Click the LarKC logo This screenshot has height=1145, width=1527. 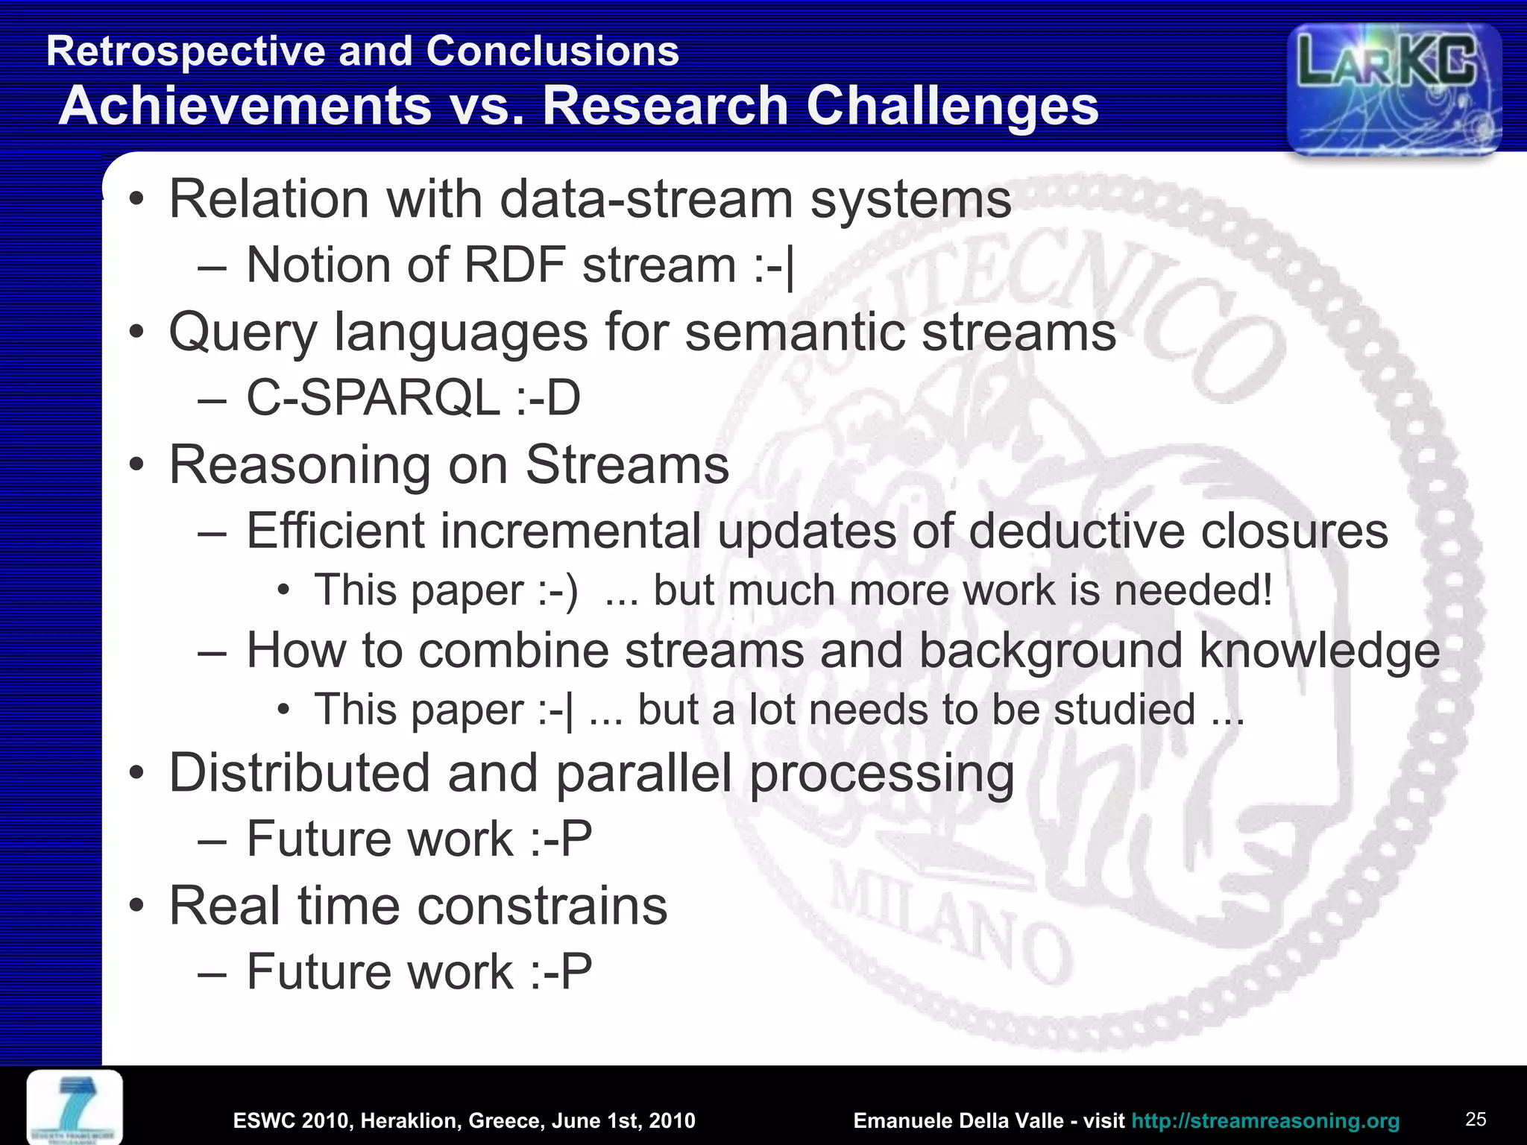[x=1393, y=88]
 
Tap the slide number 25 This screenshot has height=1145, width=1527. [x=1476, y=1119]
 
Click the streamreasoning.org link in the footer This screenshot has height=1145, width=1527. [x=1265, y=1120]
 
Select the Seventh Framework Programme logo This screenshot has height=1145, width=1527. [x=75, y=1107]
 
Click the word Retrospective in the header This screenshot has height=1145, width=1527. [x=186, y=51]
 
